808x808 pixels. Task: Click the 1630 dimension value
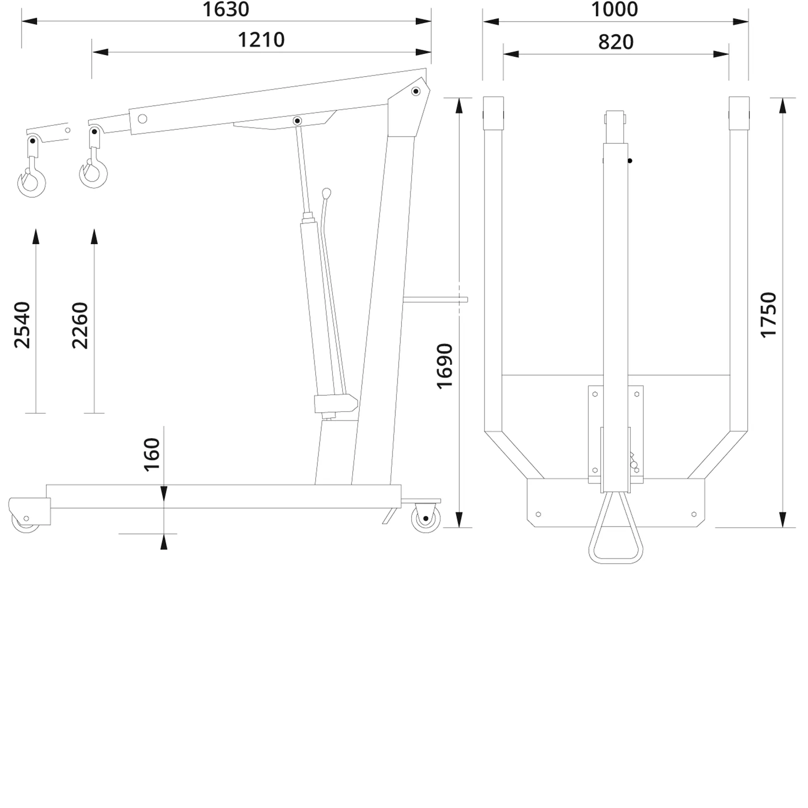tap(226, 10)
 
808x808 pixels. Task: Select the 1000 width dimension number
tap(614, 10)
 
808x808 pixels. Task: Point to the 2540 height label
tap(22, 325)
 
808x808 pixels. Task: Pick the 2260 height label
tap(80, 325)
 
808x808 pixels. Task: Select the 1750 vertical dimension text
tap(768, 315)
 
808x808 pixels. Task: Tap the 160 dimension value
tap(152, 454)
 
